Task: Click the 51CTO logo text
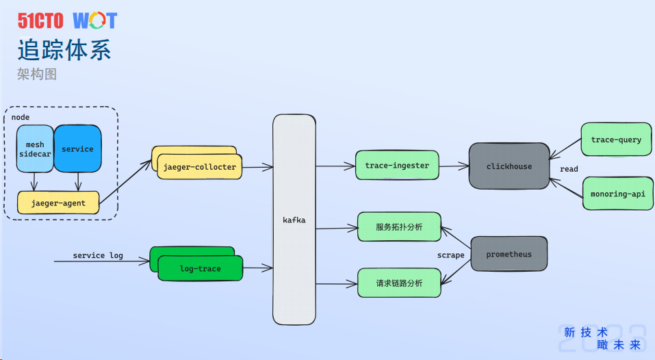pos(40,21)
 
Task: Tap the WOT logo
pos(95,21)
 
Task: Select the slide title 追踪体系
pos(64,50)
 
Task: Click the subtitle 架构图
pos(37,74)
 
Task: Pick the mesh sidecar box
pos(35,149)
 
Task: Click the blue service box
pos(77,149)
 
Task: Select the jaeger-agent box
pos(58,203)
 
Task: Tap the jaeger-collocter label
pos(199,167)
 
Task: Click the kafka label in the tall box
pos(294,220)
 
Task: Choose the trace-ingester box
pos(397,166)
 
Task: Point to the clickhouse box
pos(509,166)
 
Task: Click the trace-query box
pos(616,140)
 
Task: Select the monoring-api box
pos(617,194)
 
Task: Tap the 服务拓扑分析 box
pos(399,227)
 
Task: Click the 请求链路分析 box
pos(399,283)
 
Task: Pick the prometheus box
pos(509,255)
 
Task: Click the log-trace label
pos(200,269)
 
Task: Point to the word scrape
pos(451,255)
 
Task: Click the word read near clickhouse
pos(569,169)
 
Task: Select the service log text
pos(98,255)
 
